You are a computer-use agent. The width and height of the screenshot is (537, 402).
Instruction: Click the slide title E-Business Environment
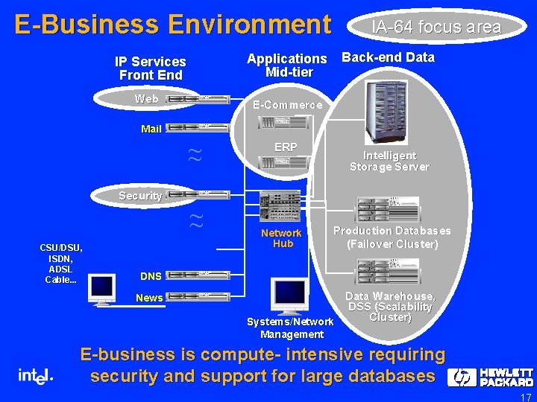pyautogui.click(x=172, y=25)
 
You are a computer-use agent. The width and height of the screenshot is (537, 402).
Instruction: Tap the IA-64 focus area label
pyautogui.click(x=436, y=28)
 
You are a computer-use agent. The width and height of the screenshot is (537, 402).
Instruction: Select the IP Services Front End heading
pyautogui.click(x=151, y=68)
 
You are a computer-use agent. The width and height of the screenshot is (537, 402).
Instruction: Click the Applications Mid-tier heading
pyautogui.click(x=287, y=66)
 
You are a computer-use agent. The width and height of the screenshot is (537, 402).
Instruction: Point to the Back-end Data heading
pyautogui.click(x=388, y=57)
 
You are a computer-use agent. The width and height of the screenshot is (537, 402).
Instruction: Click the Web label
pyautogui.click(x=146, y=99)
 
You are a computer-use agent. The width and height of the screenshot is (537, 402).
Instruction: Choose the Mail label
pyautogui.click(x=151, y=129)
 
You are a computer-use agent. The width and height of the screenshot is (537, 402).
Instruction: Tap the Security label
pyautogui.click(x=140, y=196)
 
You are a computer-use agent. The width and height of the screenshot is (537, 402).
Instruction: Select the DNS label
pyautogui.click(x=151, y=276)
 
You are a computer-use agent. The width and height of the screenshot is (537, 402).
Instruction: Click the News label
pyautogui.click(x=149, y=298)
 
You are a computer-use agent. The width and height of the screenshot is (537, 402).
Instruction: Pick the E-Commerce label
pyautogui.click(x=288, y=105)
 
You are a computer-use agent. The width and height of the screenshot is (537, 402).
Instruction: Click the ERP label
pyautogui.click(x=286, y=147)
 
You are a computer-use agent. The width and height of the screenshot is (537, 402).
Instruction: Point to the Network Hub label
pyautogui.click(x=282, y=238)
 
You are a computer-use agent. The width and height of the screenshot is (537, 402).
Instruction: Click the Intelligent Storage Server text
pyautogui.click(x=389, y=161)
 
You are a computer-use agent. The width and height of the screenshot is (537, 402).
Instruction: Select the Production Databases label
pyautogui.click(x=392, y=237)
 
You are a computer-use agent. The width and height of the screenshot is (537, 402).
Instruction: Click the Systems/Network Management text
pyautogui.click(x=290, y=328)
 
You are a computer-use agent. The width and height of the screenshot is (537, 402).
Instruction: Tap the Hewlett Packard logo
pyautogui.click(x=490, y=377)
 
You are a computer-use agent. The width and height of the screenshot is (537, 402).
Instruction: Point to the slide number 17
pyautogui.click(x=525, y=397)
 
